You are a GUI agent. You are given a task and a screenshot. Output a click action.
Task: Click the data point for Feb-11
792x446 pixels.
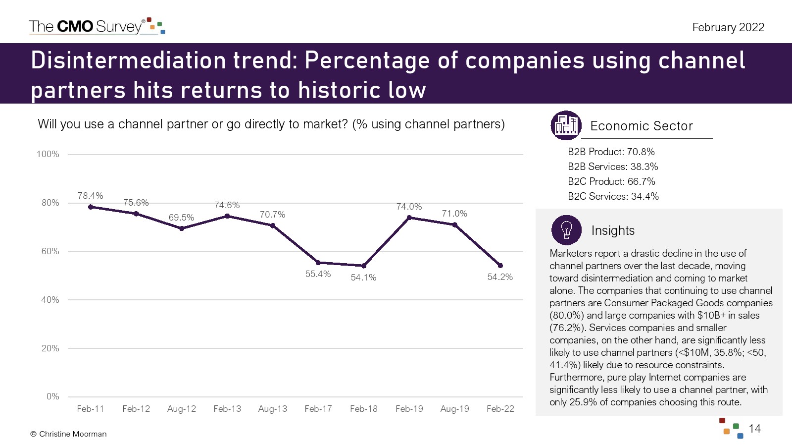[91, 207]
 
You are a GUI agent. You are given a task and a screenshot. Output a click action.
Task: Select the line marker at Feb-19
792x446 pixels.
[409, 218]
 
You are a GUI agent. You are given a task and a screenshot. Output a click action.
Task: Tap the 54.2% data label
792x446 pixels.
[500, 277]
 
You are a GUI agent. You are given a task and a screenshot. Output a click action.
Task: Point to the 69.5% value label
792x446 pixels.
[181, 218]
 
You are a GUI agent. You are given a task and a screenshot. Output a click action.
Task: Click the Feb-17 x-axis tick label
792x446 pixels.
[318, 409]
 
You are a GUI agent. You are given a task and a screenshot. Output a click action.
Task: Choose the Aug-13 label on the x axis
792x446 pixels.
[273, 409]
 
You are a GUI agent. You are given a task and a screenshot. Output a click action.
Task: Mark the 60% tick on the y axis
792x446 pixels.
[50, 251]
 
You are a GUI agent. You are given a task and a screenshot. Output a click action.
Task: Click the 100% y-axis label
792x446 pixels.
[48, 154]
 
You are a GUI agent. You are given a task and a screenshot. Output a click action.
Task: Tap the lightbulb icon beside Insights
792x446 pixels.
[566, 230]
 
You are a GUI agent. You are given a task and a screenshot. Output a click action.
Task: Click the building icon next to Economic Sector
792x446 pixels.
[566, 125]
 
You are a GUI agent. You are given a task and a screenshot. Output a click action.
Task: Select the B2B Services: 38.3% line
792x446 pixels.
[613, 167]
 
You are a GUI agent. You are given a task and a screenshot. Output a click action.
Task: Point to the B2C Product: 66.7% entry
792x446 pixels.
[611, 181]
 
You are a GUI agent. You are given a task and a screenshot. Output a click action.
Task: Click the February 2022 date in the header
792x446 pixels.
[728, 27]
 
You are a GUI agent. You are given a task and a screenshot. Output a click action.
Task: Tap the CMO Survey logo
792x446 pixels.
[97, 26]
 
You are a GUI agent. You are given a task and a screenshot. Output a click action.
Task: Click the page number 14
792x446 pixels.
[754, 429]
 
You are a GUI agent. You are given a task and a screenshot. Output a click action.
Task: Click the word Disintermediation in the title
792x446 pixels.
[128, 60]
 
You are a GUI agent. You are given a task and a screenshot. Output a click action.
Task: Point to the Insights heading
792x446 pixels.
[613, 230]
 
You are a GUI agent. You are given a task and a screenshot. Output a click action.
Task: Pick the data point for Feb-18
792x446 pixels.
[364, 266]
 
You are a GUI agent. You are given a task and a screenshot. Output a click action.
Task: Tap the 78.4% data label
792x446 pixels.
[91, 196]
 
